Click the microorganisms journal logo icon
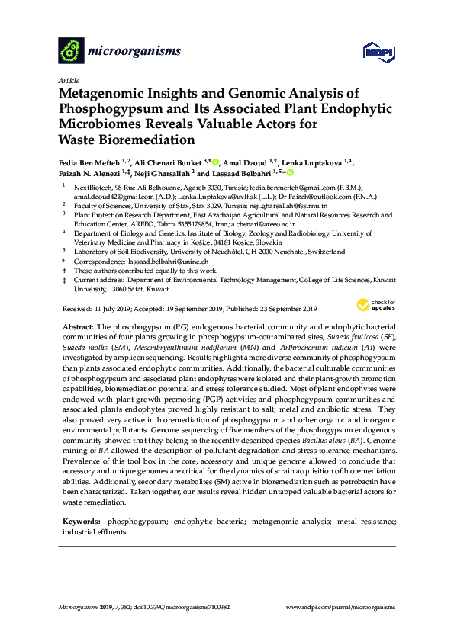coord(71,50)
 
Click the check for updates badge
coord(375,305)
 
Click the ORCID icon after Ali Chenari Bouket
coord(216,162)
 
